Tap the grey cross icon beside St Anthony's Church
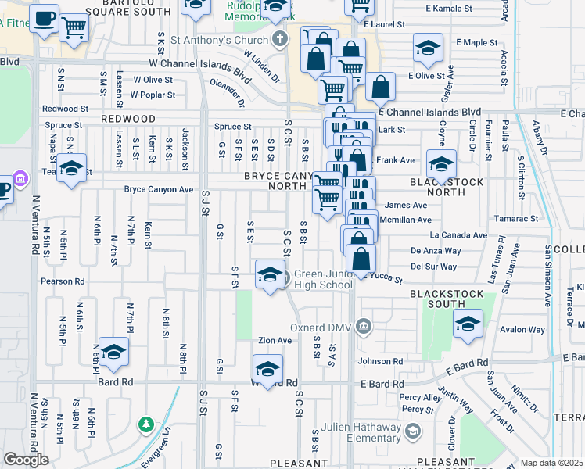pyautogui.click(x=279, y=39)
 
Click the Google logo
pyautogui.click(x=26, y=459)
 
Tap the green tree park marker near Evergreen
pyautogui.click(x=145, y=425)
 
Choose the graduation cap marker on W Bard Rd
pyautogui.click(x=267, y=369)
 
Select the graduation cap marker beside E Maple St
pyautogui.click(x=428, y=48)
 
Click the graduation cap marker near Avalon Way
pyautogui.click(x=468, y=324)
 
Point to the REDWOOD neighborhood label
pyautogui.click(x=128, y=118)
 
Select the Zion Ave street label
pyautogui.click(x=275, y=341)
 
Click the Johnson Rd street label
pyautogui.click(x=380, y=361)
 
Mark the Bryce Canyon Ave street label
pyautogui.click(x=159, y=189)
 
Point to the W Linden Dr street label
pyautogui.click(x=260, y=67)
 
